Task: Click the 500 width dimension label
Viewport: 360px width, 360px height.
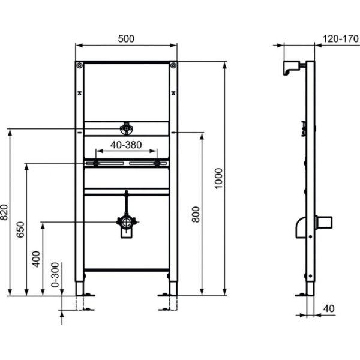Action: [126, 38]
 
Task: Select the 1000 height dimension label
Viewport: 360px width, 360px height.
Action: [220, 178]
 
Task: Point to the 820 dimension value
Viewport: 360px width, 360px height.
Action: [5, 212]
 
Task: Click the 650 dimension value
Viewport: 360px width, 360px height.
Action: [20, 230]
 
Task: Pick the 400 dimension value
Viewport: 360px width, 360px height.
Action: [37, 258]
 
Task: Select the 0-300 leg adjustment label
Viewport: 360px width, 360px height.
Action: [55, 275]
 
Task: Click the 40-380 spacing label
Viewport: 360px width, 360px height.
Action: [126, 145]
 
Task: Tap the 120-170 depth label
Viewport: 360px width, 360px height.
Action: [336, 38]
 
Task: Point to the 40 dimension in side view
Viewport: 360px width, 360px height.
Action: [328, 309]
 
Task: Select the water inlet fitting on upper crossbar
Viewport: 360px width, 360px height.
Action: [126, 128]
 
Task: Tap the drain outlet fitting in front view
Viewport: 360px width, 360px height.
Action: [126, 223]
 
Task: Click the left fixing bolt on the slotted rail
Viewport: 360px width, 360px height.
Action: [95, 163]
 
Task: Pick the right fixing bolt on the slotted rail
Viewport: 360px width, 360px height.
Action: [157, 163]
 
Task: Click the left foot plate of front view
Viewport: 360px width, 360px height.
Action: [86, 295]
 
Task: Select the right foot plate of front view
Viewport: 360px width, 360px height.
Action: [166, 295]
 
